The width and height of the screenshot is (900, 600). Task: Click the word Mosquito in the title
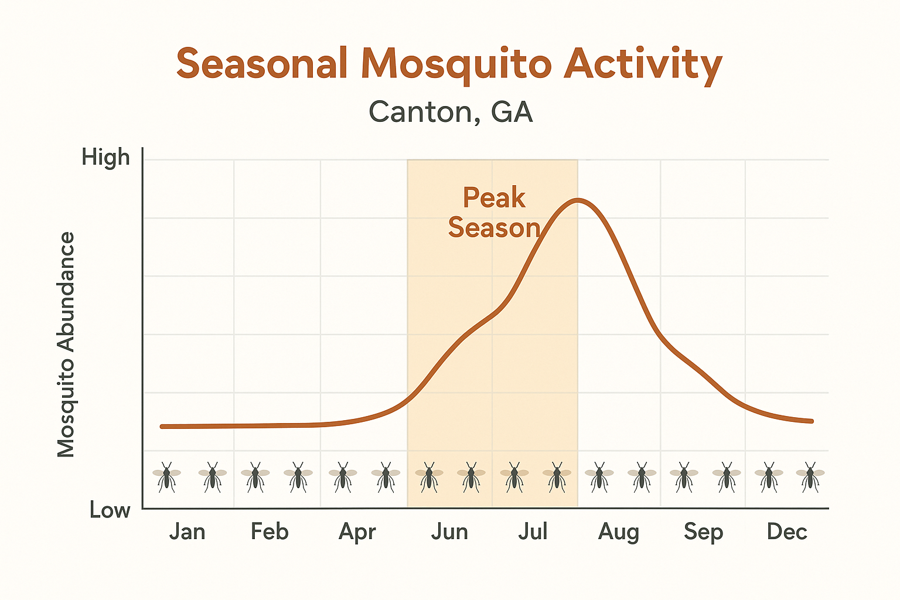pos(456,64)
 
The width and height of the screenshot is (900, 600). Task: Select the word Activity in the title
pos(643,64)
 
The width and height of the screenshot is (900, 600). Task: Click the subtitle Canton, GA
pos(451,111)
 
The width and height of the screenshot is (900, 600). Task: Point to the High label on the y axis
pos(105,157)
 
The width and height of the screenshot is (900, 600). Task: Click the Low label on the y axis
pos(110,510)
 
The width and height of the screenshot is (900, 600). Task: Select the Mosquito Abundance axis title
pos(66,345)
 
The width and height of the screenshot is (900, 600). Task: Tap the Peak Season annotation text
pos(494,213)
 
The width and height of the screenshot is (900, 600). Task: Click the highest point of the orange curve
pos(578,200)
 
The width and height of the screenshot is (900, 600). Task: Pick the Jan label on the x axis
pos(187,531)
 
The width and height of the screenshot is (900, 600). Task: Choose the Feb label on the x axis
pos(270,531)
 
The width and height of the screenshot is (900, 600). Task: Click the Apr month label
pos(357,532)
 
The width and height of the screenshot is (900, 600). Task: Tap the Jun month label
pos(449,531)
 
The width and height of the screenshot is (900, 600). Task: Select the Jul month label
pos(533,531)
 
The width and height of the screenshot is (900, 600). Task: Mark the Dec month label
pos(787,531)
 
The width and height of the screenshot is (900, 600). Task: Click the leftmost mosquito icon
pos(166,476)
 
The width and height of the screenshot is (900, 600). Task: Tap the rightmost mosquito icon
pos(810,476)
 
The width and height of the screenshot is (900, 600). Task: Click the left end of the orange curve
pos(162,427)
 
